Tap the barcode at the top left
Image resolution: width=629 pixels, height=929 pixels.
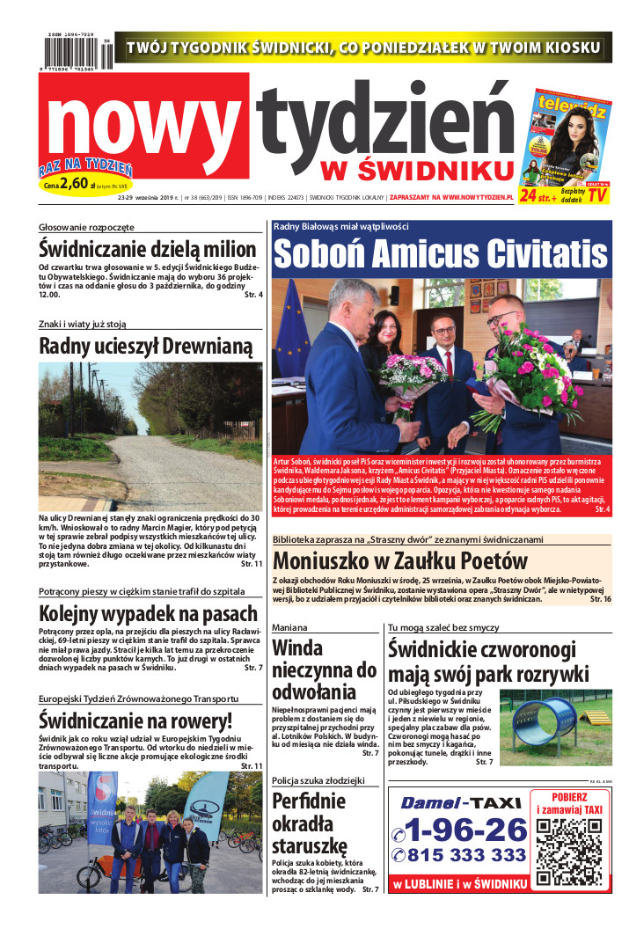[77, 53]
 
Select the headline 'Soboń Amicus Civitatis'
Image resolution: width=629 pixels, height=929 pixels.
[442, 254]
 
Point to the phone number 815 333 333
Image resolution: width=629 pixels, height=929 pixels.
[459, 855]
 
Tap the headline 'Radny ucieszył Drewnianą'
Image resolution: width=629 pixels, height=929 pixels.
[146, 347]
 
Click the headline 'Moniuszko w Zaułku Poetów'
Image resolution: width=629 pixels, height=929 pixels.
[400, 560]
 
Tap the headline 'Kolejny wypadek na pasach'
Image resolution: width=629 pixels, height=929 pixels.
[149, 614]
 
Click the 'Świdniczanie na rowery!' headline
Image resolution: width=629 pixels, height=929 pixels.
[135, 721]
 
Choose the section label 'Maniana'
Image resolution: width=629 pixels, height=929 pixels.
[289, 628]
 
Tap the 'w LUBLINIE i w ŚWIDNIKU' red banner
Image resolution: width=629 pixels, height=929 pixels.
[459, 883]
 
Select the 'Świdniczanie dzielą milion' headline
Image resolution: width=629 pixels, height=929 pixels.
[149, 248]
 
